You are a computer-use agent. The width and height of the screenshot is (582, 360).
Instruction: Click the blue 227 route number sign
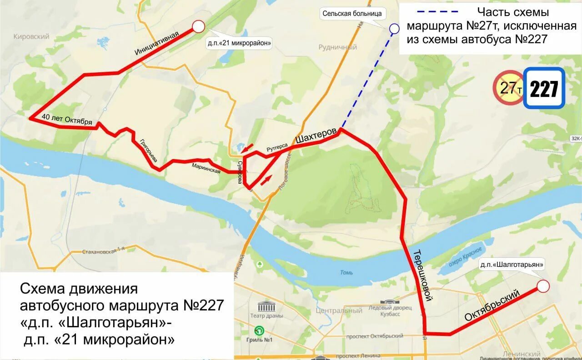pyautogui.click(x=544, y=89)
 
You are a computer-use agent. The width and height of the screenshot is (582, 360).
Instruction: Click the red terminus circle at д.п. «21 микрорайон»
pyautogui.click(x=199, y=27)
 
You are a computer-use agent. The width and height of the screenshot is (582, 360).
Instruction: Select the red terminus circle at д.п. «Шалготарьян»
pyautogui.click(x=543, y=286)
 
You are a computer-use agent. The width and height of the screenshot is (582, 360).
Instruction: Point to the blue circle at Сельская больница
pyautogui.click(x=394, y=29)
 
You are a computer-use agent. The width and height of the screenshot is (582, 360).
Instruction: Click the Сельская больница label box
pyautogui.click(x=352, y=14)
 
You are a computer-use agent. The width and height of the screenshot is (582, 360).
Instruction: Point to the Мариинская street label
pyautogui.click(x=206, y=168)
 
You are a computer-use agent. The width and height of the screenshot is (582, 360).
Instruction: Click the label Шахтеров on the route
pyautogui.click(x=316, y=135)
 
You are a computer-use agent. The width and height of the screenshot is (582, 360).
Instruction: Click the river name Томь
pyautogui.click(x=346, y=273)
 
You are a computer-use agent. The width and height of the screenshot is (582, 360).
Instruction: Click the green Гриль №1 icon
pyautogui.click(x=259, y=330)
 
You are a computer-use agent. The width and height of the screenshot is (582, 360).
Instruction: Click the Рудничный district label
pyautogui.click(x=338, y=47)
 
